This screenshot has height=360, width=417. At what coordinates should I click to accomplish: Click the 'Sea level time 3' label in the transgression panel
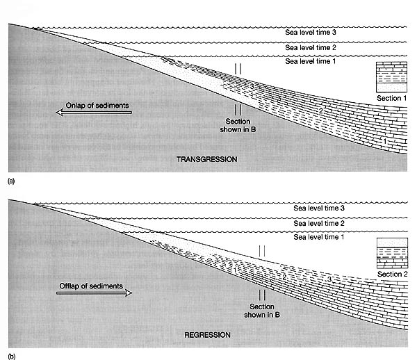click(x=311, y=33)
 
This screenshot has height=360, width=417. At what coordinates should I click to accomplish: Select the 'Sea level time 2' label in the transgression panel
click(x=311, y=47)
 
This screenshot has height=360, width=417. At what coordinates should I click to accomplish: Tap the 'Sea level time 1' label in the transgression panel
click(x=311, y=61)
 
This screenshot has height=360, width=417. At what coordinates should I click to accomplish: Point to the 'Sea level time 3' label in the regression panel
click(x=319, y=208)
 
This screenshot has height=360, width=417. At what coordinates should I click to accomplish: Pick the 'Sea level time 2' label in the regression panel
click(x=319, y=223)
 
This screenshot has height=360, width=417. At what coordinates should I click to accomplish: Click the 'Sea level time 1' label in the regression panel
click(x=319, y=237)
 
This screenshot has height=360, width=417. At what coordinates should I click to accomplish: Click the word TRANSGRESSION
click(x=207, y=159)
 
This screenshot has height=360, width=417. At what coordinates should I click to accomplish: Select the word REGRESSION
click(x=207, y=335)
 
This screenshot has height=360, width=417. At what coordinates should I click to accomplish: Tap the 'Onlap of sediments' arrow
click(x=94, y=113)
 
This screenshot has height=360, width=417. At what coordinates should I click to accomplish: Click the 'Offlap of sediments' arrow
click(x=94, y=293)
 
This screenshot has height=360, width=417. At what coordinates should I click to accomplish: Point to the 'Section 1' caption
click(x=392, y=98)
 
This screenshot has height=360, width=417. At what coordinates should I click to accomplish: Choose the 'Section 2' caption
click(x=393, y=274)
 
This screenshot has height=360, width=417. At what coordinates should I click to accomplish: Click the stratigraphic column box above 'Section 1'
click(x=391, y=77)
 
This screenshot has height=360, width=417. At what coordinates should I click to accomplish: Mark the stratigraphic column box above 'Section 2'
click(x=392, y=253)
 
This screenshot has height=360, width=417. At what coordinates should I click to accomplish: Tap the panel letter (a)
click(x=11, y=181)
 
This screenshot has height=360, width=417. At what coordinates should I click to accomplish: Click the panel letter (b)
click(x=11, y=357)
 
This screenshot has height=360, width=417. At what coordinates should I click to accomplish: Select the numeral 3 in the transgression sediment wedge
click(x=252, y=86)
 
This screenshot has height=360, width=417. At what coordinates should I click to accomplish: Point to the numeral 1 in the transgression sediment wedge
click(x=385, y=141)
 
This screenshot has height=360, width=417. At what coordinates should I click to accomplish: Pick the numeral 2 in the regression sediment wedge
click(x=284, y=277)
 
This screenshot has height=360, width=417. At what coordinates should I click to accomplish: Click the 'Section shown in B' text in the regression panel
click(x=262, y=311)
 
